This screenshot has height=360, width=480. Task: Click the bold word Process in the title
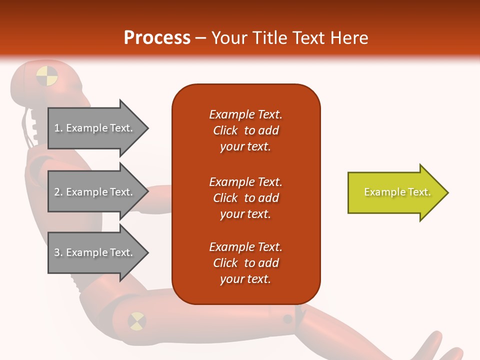click(157, 38)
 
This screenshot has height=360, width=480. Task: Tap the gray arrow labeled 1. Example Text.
click(97, 128)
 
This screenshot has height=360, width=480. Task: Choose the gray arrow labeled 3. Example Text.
click(97, 253)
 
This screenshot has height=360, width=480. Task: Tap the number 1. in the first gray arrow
click(58, 128)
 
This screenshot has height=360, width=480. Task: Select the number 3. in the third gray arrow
click(58, 253)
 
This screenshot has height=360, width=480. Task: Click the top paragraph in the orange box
click(245, 130)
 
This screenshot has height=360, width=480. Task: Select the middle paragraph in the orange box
click(245, 198)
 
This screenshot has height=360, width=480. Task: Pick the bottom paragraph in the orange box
click(245, 263)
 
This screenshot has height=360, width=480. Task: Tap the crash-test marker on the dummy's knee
click(136, 321)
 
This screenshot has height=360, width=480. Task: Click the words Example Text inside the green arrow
click(397, 192)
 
